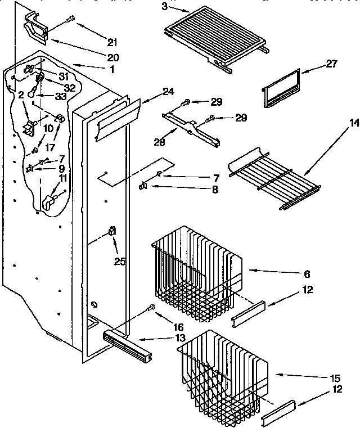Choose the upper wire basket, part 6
point(197,270)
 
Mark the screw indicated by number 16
point(151,308)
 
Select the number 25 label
point(119,261)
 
